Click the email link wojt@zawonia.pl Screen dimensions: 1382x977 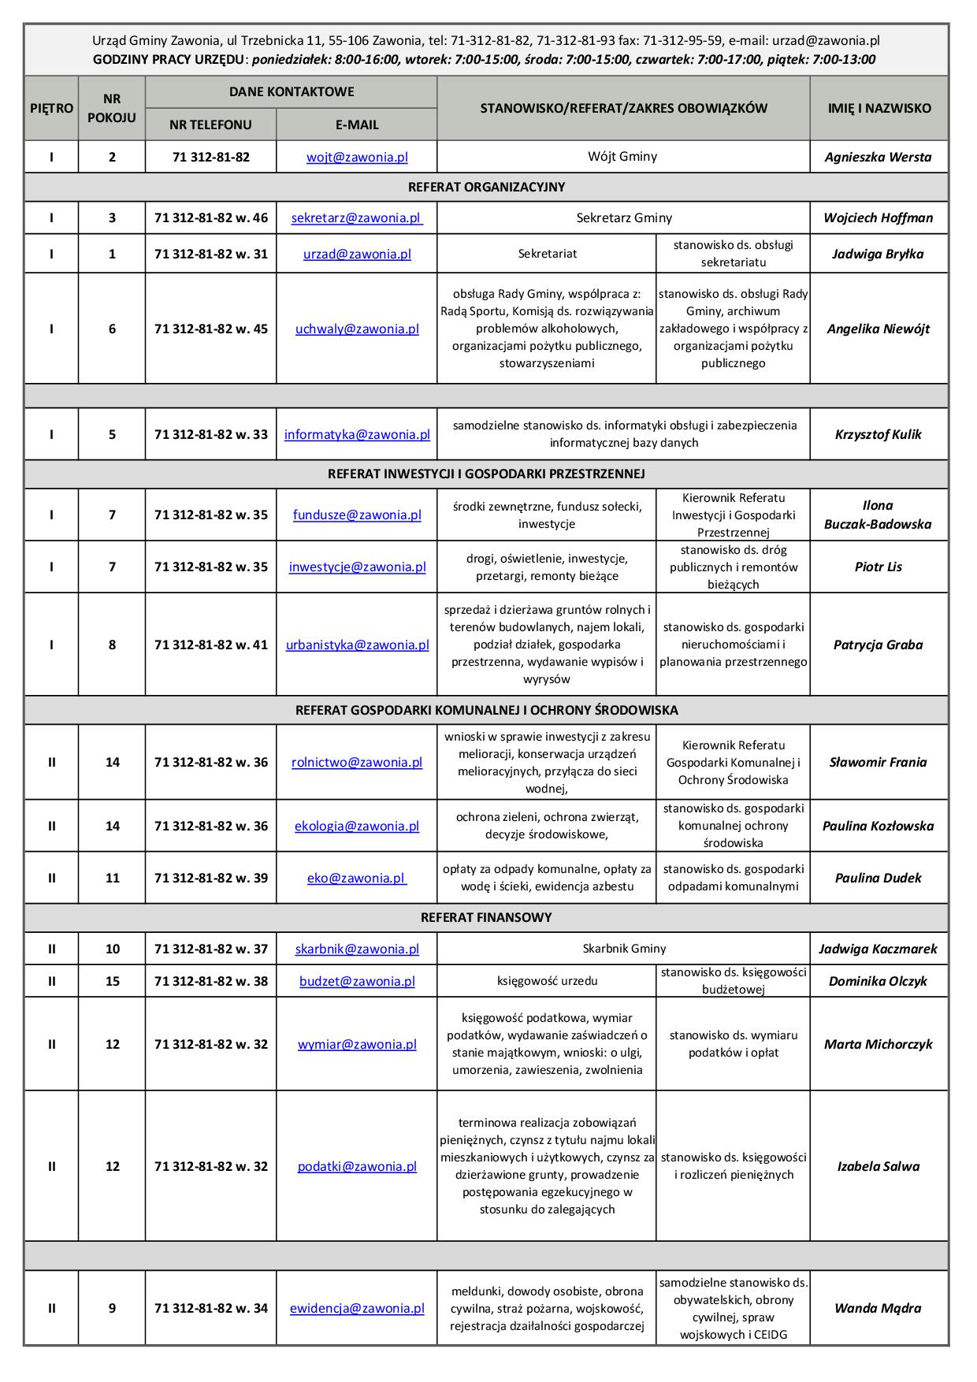click(357, 157)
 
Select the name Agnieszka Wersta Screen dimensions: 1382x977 click(878, 157)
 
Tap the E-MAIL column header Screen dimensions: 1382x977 click(356, 124)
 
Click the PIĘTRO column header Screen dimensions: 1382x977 click(51, 108)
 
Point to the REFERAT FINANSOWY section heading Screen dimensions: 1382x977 click(486, 917)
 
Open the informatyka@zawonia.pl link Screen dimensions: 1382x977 click(357, 434)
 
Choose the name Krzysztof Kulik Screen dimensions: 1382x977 click(878, 434)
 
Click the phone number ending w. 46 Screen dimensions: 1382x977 click(210, 218)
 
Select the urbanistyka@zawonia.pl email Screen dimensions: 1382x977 click(357, 645)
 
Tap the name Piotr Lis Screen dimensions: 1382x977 click(878, 567)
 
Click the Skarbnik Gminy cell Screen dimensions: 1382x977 click(624, 949)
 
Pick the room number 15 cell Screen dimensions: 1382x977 click(112, 981)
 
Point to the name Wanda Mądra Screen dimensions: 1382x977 click(878, 1308)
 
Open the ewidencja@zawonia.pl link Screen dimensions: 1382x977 click(357, 1308)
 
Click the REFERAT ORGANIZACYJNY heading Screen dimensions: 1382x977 click(486, 187)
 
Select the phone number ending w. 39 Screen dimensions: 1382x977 click(210, 878)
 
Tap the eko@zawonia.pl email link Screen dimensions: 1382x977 click(356, 878)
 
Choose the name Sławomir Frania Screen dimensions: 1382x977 click(878, 762)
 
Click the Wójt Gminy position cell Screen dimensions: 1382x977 click(622, 156)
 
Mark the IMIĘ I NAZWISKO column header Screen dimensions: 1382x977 click(879, 108)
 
